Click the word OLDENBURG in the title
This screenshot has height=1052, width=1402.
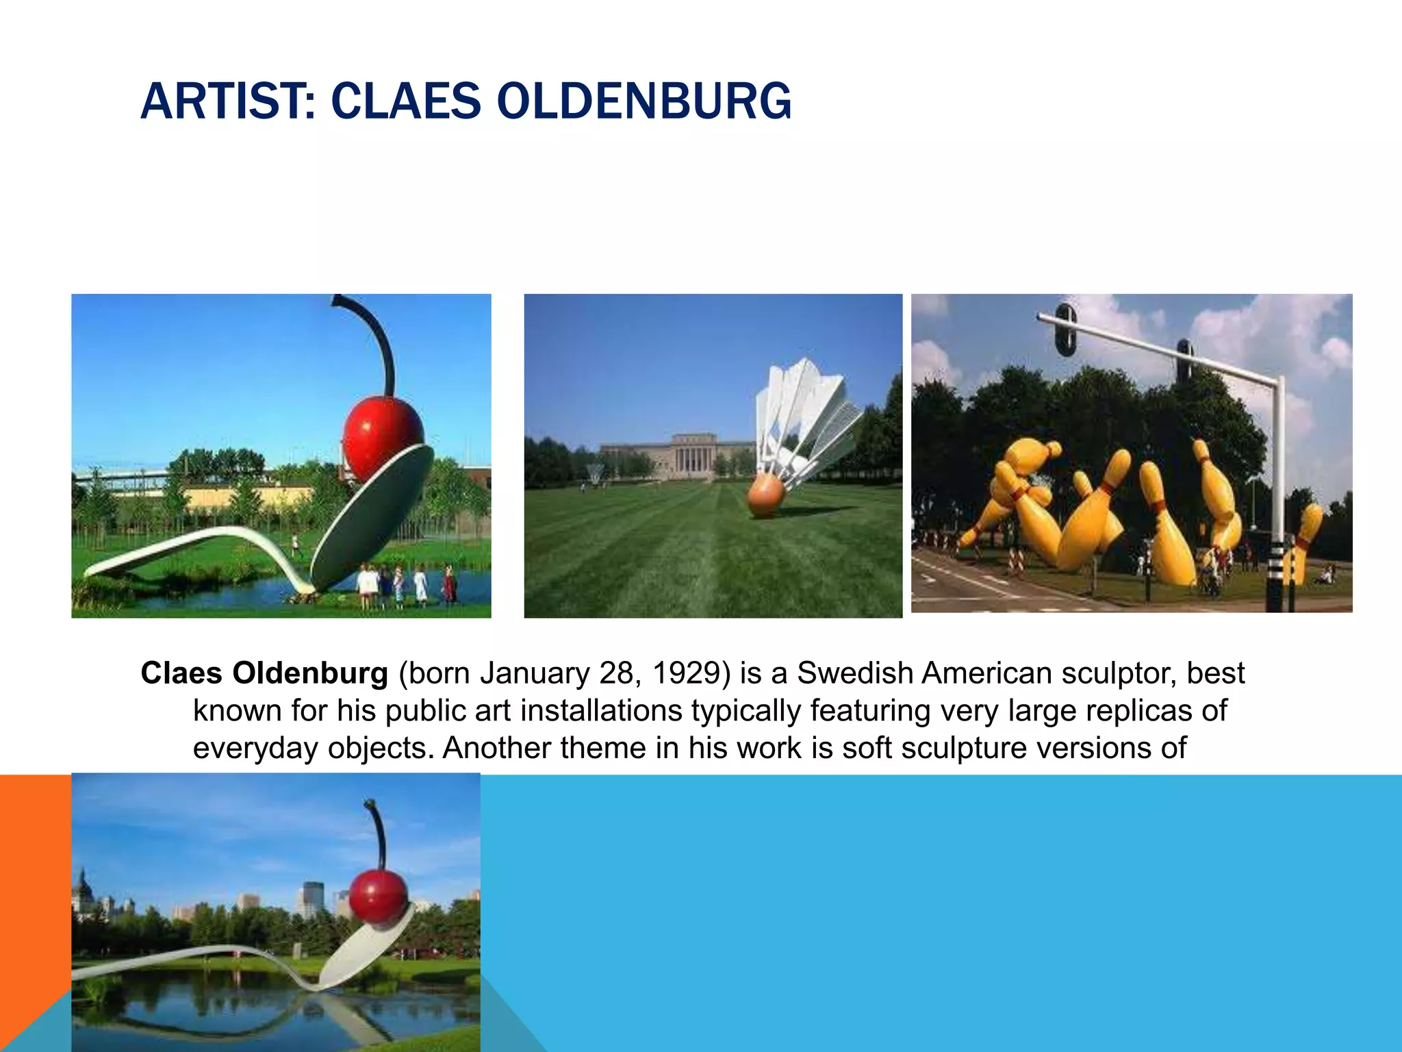coord(643,101)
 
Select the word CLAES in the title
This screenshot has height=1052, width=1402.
coord(406,101)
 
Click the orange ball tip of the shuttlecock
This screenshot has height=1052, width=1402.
coord(765,497)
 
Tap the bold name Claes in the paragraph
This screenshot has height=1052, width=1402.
coord(181,673)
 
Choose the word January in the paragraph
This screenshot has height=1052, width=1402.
coord(534,673)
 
